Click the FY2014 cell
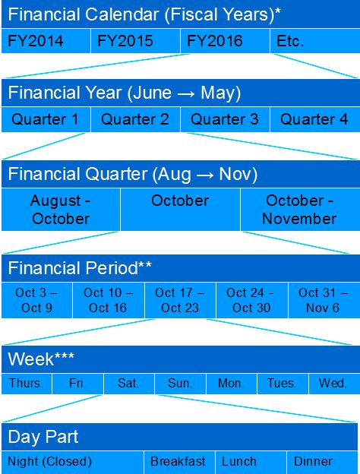tap(46, 41)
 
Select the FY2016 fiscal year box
tap(225, 41)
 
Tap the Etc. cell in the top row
tap(315, 41)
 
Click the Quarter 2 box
tap(135, 119)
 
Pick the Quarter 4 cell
tap(315, 119)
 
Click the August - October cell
tap(61, 210)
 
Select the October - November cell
tap(301, 210)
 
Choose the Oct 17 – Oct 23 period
tap(180, 300)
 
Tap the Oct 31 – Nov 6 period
tap(324, 300)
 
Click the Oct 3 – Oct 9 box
tap(36, 300)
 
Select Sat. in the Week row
tap(129, 384)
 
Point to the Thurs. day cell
tap(27, 384)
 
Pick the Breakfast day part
tap(179, 462)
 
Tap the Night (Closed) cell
tap(72, 462)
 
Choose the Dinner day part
tap(322, 462)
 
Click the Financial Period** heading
tap(80, 268)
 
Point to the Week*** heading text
tap(41, 359)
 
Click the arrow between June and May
tap(186, 93)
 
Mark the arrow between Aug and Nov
tap(204, 175)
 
